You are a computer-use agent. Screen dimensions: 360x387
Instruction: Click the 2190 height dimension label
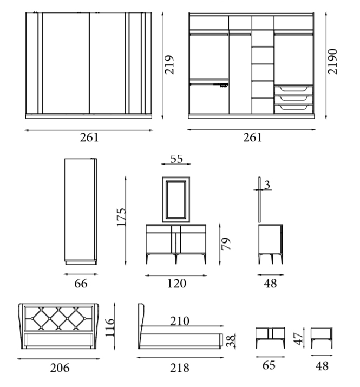pyautogui.click(x=332, y=62)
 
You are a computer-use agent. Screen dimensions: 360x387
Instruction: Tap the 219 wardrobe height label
pyautogui.click(x=169, y=64)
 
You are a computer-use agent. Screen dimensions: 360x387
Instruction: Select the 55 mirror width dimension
pyautogui.click(x=176, y=159)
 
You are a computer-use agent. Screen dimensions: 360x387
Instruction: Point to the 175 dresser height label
pyautogui.click(x=121, y=217)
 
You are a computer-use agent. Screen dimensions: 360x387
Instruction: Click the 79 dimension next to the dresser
pyautogui.click(x=226, y=244)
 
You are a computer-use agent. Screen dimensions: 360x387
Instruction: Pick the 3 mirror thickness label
pyautogui.click(x=267, y=185)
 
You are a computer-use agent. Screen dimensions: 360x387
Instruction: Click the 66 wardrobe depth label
pyautogui.click(x=81, y=283)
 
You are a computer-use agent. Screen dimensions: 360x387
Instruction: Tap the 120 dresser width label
pyautogui.click(x=176, y=283)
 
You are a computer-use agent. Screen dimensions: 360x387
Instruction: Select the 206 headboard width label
pyautogui.click(x=60, y=368)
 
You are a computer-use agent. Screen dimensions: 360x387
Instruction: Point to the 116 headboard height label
pyautogui.click(x=110, y=327)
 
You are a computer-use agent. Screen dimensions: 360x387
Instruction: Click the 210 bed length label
pyautogui.click(x=180, y=321)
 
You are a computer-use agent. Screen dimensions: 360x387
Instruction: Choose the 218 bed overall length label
pyautogui.click(x=180, y=368)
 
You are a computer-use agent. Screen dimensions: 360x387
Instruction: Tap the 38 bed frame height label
pyautogui.click(x=231, y=340)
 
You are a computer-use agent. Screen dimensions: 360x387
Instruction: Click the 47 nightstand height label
pyautogui.click(x=298, y=339)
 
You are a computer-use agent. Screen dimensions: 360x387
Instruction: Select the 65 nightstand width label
pyautogui.click(x=269, y=365)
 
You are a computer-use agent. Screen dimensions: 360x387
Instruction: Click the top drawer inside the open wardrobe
pyautogui.click(x=293, y=90)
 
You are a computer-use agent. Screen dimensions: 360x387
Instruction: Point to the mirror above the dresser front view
pyautogui.click(x=176, y=199)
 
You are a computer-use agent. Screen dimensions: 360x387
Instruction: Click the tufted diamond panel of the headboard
pyautogui.click(x=58, y=319)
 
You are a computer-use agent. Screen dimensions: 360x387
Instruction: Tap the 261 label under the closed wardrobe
pyautogui.click(x=89, y=137)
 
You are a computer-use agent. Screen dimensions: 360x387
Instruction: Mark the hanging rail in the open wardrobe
pyautogui.click(x=209, y=84)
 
